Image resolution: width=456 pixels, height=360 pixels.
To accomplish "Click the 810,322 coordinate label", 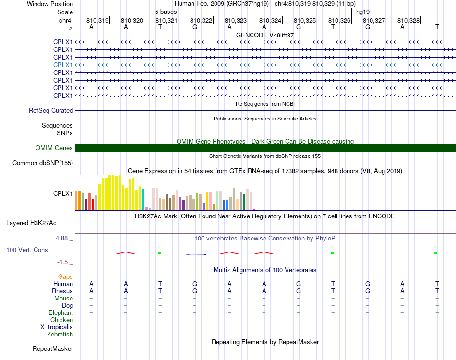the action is (x=201, y=20).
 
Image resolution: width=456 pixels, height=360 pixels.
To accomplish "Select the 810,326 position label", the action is (x=339, y=20).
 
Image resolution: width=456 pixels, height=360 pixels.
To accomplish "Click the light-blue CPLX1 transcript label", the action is (x=63, y=65).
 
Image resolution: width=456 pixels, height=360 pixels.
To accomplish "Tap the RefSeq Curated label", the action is (x=51, y=110).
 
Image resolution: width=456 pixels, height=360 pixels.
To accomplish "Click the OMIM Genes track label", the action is (x=54, y=148).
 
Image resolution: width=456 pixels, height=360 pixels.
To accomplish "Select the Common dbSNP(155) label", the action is (x=43, y=163).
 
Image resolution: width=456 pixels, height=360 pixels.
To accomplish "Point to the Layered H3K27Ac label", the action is (x=31, y=223).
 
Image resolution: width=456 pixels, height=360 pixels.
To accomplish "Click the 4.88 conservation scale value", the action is (x=61, y=238).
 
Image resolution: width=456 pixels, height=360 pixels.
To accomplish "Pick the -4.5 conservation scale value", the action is (x=62, y=262).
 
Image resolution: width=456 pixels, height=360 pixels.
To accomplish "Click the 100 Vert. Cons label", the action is (x=27, y=250).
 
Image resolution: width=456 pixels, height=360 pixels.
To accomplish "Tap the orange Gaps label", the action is (x=65, y=276).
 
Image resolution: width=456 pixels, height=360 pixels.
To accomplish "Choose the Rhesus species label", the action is (x=62, y=291).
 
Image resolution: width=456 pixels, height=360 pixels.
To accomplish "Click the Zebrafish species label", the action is (x=60, y=334).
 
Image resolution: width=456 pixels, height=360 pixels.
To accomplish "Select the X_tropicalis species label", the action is (x=57, y=327).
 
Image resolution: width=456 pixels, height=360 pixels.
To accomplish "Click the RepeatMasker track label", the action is (x=53, y=348).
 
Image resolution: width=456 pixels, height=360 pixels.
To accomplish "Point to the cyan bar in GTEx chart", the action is (x=143, y=200).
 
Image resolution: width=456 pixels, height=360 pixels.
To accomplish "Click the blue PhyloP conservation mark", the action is (x=196, y=254).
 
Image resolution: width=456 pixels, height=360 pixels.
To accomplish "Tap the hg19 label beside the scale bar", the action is (x=363, y=12).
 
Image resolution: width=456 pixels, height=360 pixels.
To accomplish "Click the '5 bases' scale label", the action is (x=166, y=12).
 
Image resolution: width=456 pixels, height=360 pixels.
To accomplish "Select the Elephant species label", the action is (x=61, y=312).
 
